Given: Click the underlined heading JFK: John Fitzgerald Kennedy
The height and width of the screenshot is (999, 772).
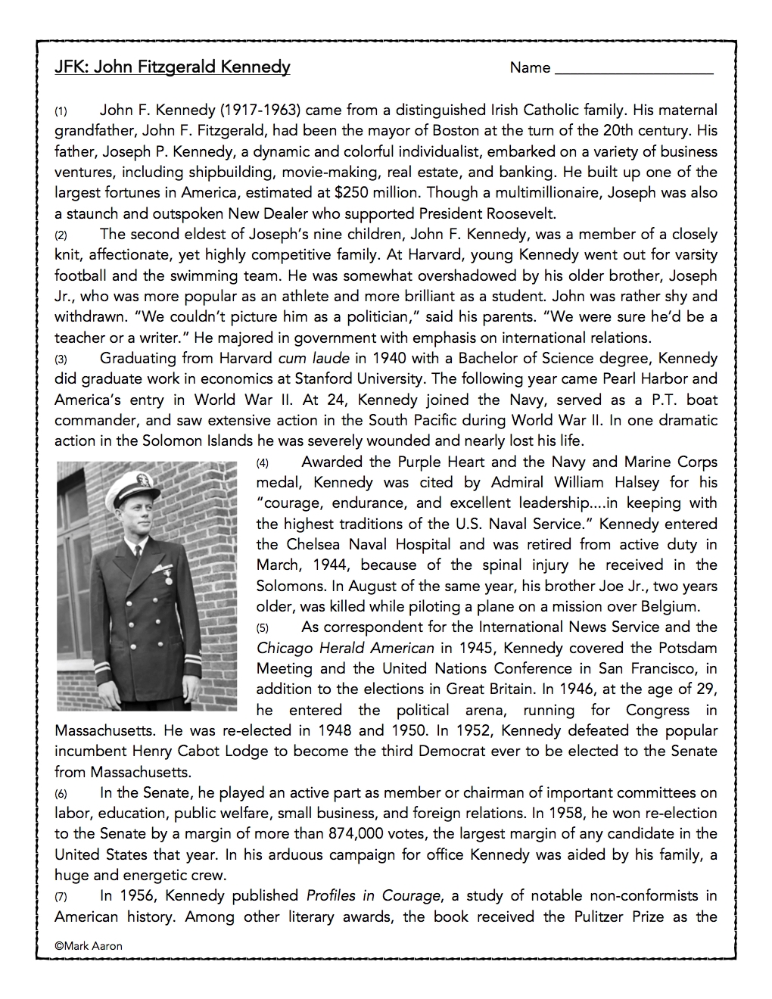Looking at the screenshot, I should tap(172, 67).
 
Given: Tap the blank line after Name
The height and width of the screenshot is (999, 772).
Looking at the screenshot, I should tap(633, 70).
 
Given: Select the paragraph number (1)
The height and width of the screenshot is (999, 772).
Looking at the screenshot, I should tap(61, 111).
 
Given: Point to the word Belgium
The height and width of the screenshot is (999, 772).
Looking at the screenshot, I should tap(665, 606).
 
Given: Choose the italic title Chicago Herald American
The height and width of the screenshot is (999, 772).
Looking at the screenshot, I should tap(345, 648).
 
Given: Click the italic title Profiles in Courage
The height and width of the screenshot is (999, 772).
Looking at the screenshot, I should tap(373, 896).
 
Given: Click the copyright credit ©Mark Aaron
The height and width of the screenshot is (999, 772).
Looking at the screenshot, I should tap(88, 945).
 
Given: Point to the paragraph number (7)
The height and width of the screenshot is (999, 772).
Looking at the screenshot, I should tap(61, 897).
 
